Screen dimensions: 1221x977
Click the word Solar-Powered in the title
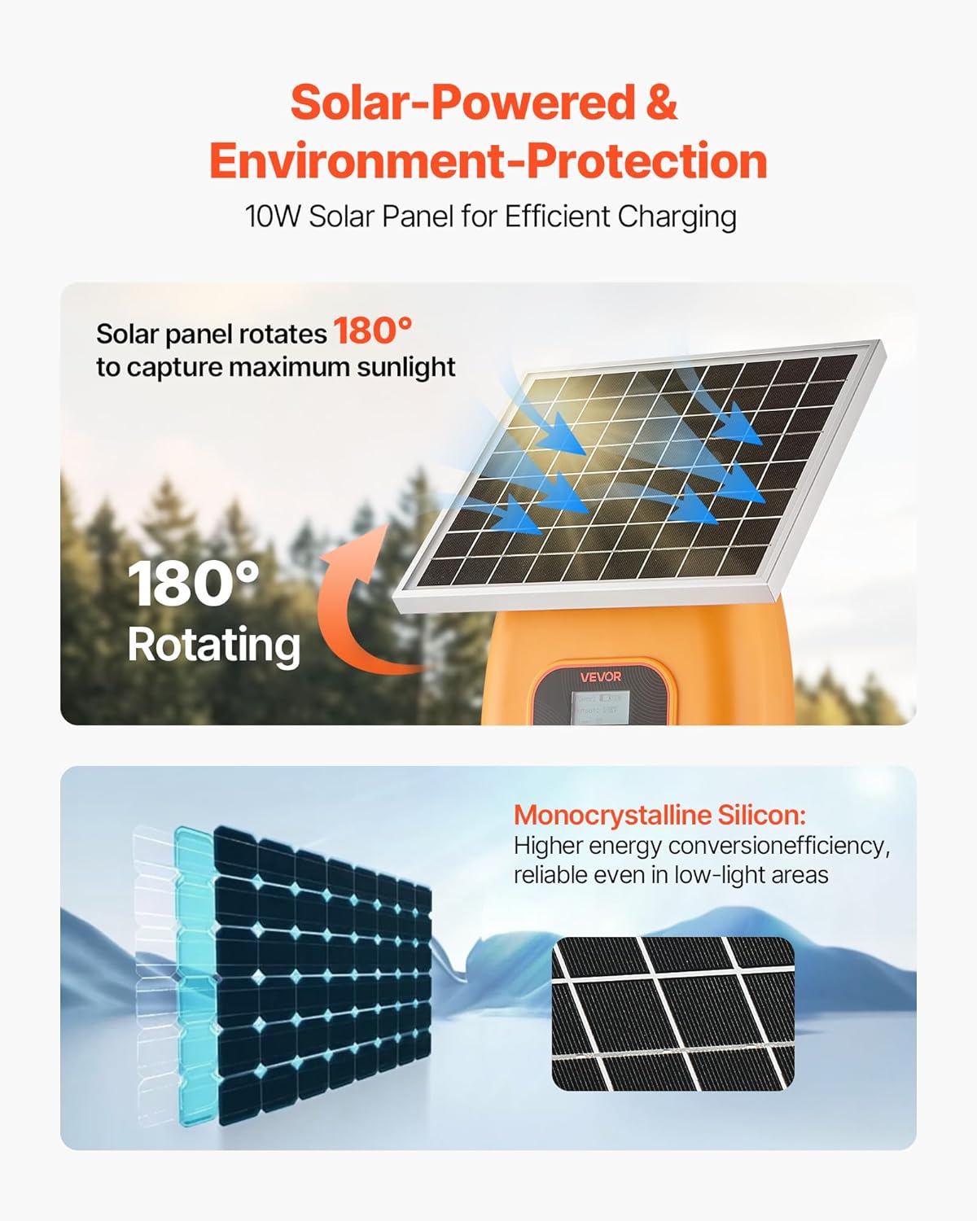(x=462, y=103)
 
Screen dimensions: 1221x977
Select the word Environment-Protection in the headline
(x=488, y=160)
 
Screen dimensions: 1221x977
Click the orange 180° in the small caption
(x=372, y=331)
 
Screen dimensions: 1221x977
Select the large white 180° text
(x=193, y=584)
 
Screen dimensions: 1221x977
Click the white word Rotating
(x=213, y=645)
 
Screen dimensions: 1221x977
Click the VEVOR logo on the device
(x=601, y=676)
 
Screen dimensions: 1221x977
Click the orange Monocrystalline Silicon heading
(x=659, y=815)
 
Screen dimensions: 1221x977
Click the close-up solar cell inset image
(x=673, y=1013)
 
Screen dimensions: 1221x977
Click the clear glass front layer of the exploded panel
(x=153, y=977)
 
